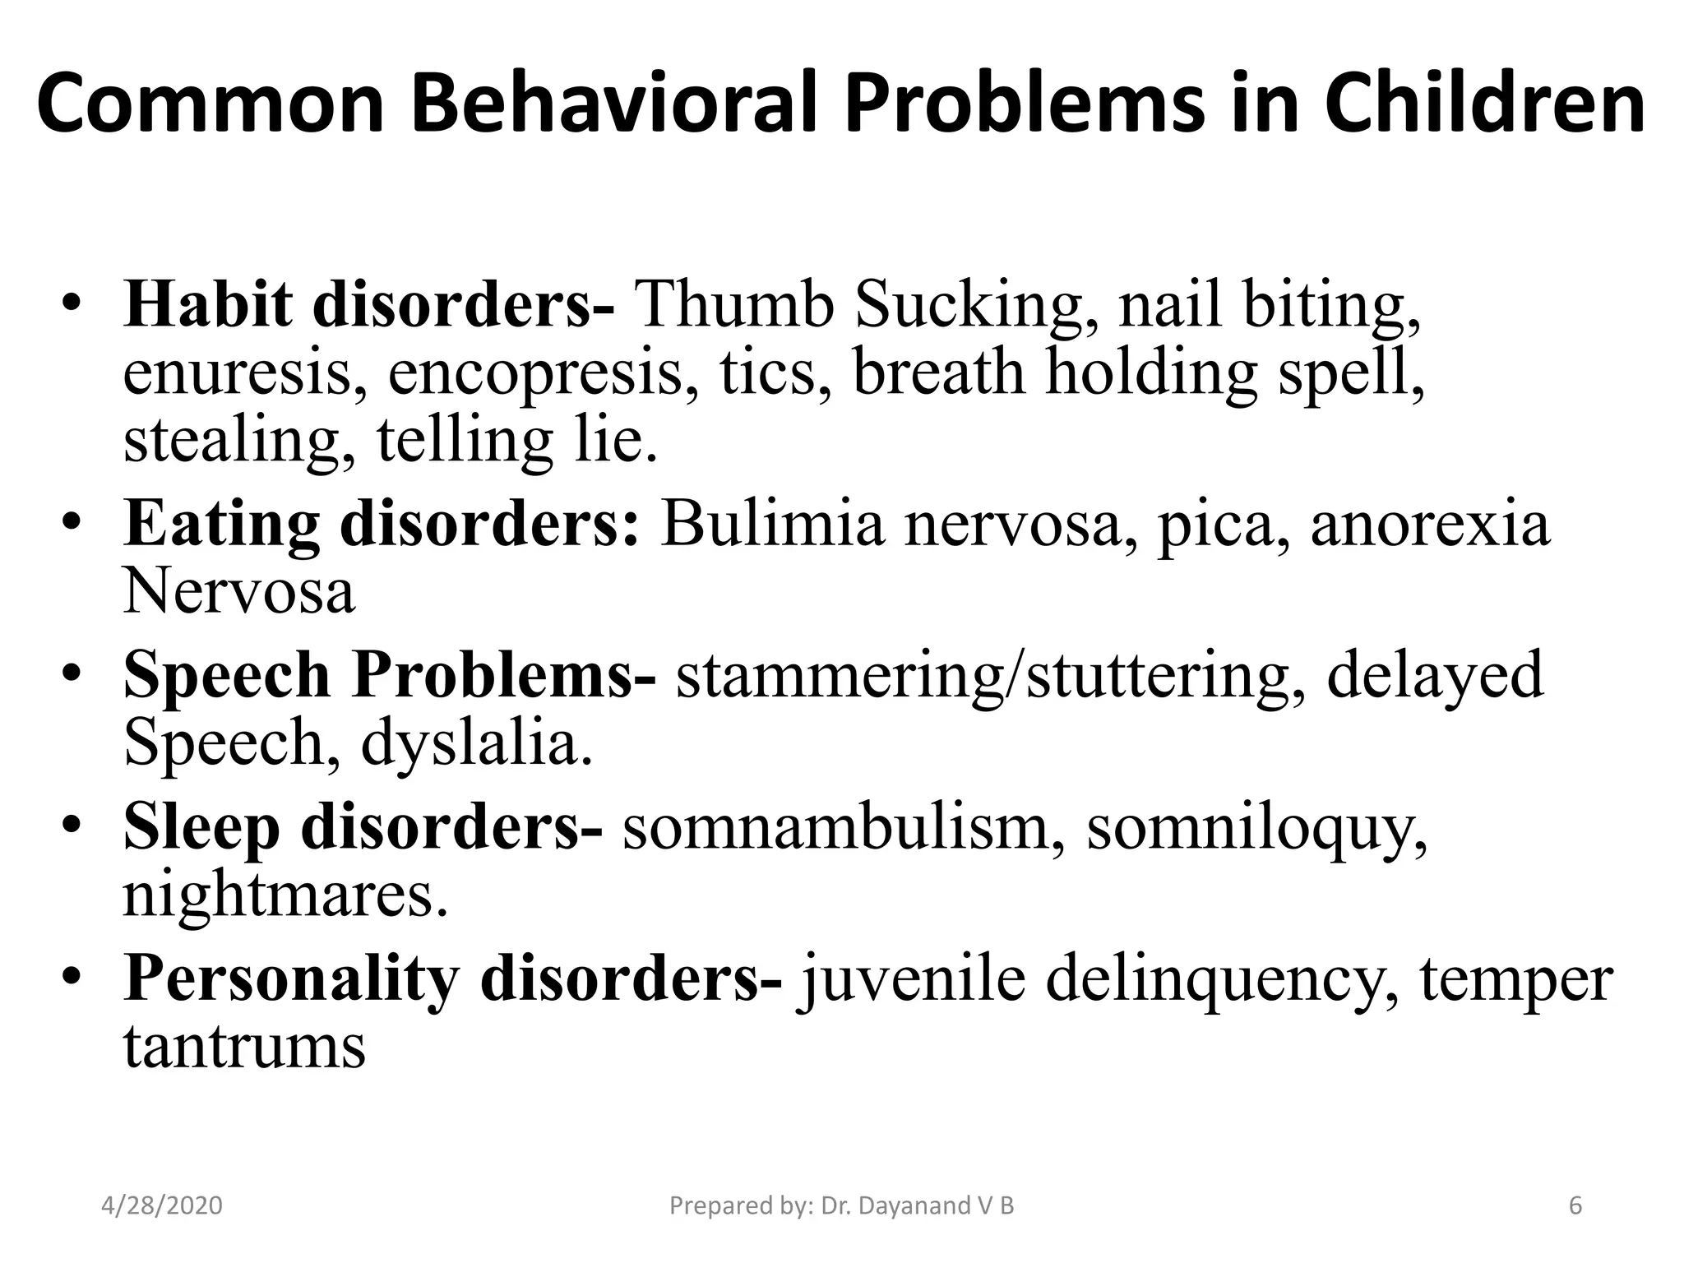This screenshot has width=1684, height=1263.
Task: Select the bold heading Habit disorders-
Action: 369,305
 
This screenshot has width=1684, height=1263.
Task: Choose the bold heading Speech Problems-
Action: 390,675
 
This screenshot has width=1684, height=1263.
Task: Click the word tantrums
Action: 244,1047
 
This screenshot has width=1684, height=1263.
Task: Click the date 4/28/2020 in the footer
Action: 162,1206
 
